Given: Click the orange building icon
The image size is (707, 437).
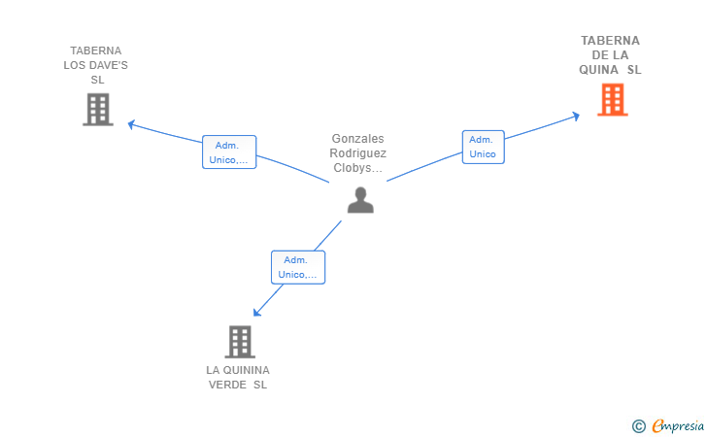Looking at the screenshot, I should (x=612, y=99).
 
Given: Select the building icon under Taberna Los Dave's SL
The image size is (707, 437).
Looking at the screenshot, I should (x=97, y=110).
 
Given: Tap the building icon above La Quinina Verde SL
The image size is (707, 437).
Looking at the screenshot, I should (x=239, y=342).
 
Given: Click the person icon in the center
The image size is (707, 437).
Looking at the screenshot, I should (x=360, y=199).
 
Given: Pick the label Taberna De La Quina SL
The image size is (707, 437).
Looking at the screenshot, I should (x=610, y=55).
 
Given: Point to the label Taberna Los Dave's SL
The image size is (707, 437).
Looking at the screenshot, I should (x=96, y=65).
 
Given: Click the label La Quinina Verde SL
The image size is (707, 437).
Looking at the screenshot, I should (x=238, y=377).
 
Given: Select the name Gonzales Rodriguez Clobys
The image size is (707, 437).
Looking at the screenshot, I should (x=357, y=153).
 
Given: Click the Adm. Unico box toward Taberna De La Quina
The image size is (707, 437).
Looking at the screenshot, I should (x=483, y=147).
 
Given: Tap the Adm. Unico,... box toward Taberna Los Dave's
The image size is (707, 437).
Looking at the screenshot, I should (x=229, y=151).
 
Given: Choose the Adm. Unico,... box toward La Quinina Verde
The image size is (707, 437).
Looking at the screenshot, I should (x=297, y=267).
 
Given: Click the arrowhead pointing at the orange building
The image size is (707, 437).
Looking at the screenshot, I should (x=576, y=116).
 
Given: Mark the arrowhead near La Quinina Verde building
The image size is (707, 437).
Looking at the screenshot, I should (x=256, y=312).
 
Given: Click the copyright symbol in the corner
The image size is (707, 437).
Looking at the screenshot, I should (x=638, y=425).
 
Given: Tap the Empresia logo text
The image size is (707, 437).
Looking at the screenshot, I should (x=678, y=425).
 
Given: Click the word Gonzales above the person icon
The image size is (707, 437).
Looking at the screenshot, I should (x=357, y=139).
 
